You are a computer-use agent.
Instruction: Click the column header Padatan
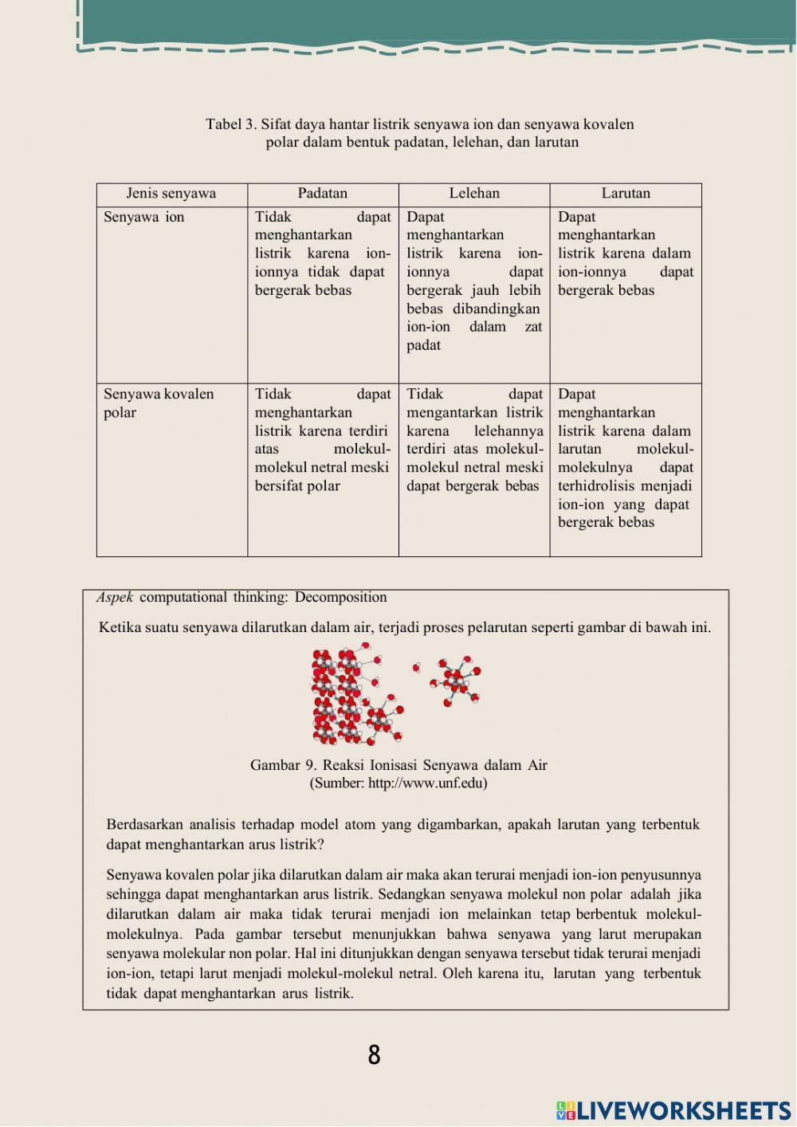point(323,194)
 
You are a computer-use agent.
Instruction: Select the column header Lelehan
point(474,194)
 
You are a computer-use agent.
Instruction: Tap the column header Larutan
point(626,194)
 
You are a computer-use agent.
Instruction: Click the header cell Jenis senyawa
point(171,194)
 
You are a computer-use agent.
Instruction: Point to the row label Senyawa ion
point(144,218)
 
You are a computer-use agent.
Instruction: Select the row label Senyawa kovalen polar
point(159,403)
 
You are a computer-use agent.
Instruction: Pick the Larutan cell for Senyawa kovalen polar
point(626,458)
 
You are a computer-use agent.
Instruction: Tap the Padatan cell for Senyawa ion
point(323,253)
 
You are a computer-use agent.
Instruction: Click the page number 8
point(374,1055)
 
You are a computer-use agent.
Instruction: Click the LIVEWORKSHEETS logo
point(673,1111)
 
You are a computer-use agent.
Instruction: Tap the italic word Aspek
point(115,597)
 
